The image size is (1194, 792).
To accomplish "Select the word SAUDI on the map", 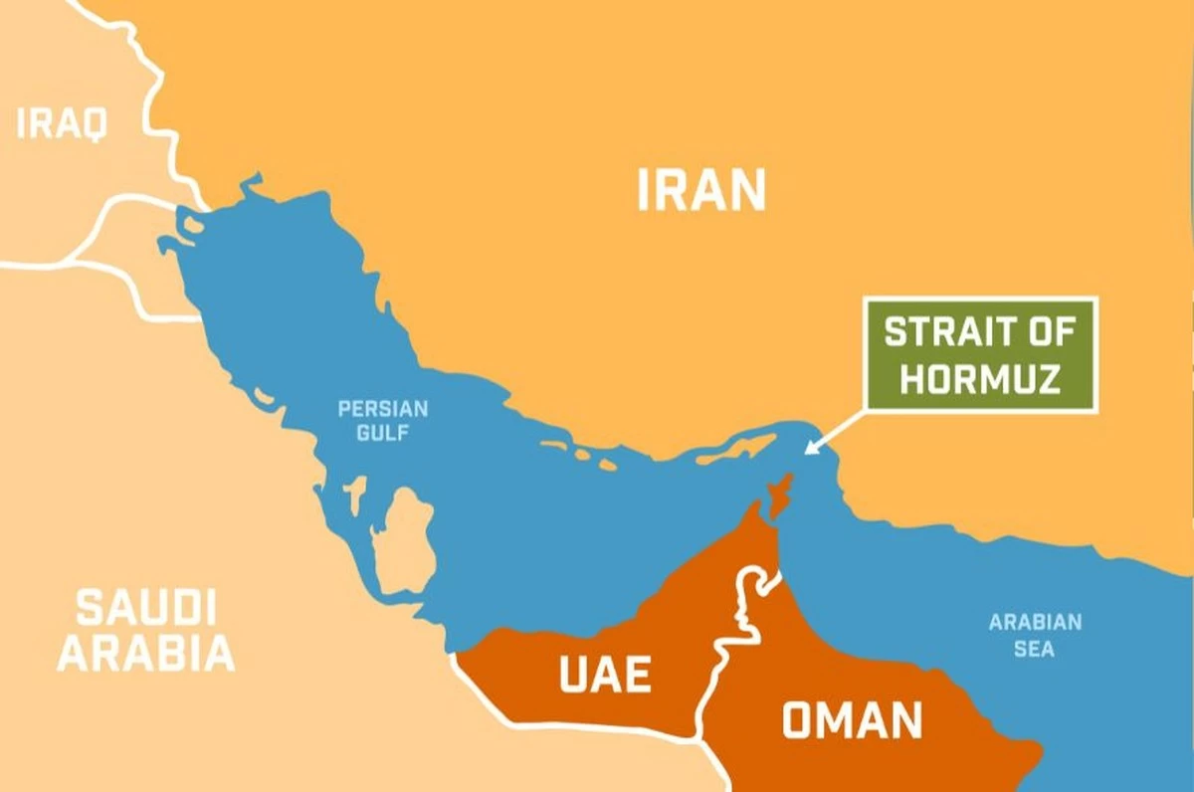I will tap(146, 608).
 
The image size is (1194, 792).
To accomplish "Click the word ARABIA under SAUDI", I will tap(146, 654).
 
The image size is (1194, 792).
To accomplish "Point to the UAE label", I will tap(605, 675).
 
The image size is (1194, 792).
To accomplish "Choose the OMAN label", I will tap(852, 720).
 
